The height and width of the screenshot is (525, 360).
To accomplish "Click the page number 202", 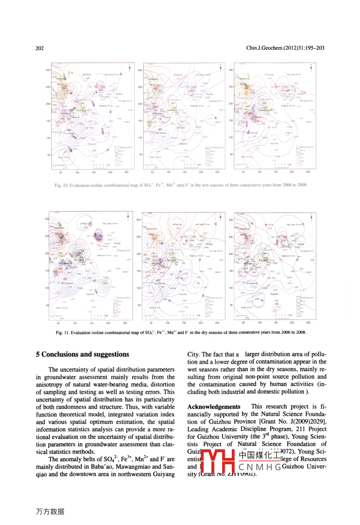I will pos(39,48).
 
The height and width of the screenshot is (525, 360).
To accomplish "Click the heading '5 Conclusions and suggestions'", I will pos(82,354).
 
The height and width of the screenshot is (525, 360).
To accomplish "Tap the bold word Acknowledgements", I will pos(214,407).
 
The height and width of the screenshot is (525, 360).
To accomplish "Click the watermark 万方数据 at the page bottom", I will pos(50,511).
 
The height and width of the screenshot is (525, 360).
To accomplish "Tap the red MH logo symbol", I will pos(217,461).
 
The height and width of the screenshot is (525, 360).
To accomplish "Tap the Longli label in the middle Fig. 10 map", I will pos(218,122).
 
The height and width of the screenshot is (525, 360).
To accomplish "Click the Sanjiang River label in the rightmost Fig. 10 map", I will pos(294,74).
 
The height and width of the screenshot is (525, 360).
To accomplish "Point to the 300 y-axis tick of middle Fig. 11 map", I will pos(139,219).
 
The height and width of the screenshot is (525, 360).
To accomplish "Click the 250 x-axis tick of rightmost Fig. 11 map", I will pos(308,323).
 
